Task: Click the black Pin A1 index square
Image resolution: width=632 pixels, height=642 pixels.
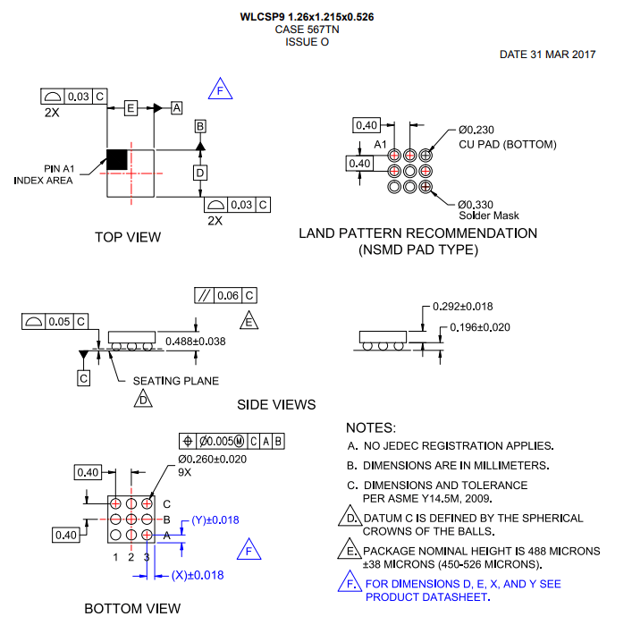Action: pos(117,160)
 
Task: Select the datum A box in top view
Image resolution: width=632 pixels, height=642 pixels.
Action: pos(176,107)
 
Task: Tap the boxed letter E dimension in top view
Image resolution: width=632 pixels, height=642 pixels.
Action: pos(131,107)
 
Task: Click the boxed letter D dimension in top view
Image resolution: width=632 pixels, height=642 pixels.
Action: pos(200,172)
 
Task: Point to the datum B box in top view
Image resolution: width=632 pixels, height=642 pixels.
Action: pos(200,126)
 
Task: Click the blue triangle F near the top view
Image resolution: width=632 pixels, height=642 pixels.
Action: pos(221,89)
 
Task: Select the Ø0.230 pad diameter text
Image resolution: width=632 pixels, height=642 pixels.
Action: pos(476,130)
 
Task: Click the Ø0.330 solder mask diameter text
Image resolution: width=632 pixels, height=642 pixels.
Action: pos(476,204)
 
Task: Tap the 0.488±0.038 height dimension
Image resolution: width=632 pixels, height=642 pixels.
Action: pos(195,341)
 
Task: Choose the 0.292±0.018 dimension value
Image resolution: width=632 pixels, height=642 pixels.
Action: pos(462,306)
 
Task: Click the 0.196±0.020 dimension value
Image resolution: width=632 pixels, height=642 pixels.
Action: pos(479,327)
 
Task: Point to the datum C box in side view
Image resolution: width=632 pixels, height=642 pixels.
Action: pos(83,378)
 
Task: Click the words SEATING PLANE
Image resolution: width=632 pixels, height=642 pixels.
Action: pos(175,381)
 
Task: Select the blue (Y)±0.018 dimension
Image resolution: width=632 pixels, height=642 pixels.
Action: pos(215,520)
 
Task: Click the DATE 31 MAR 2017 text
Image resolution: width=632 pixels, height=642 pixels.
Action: pos(547,55)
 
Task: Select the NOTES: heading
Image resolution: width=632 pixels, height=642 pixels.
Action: pos(370,428)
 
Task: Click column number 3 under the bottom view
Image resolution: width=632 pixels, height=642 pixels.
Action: pos(147,557)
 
